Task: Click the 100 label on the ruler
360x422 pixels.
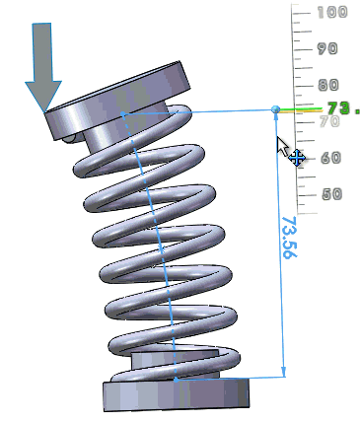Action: click(x=332, y=13)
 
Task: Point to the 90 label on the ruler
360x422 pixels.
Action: click(x=327, y=49)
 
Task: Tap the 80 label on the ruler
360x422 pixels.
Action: click(x=328, y=85)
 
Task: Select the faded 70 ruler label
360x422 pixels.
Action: click(x=329, y=121)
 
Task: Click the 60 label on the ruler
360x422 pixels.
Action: click(x=330, y=158)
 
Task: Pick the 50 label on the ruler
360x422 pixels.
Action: click(x=331, y=194)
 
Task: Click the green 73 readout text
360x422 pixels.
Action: click(x=343, y=108)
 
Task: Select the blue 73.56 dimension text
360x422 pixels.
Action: click(x=290, y=237)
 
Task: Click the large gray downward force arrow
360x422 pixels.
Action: click(x=43, y=67)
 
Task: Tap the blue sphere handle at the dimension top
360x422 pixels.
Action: click(x=276, y=109)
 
